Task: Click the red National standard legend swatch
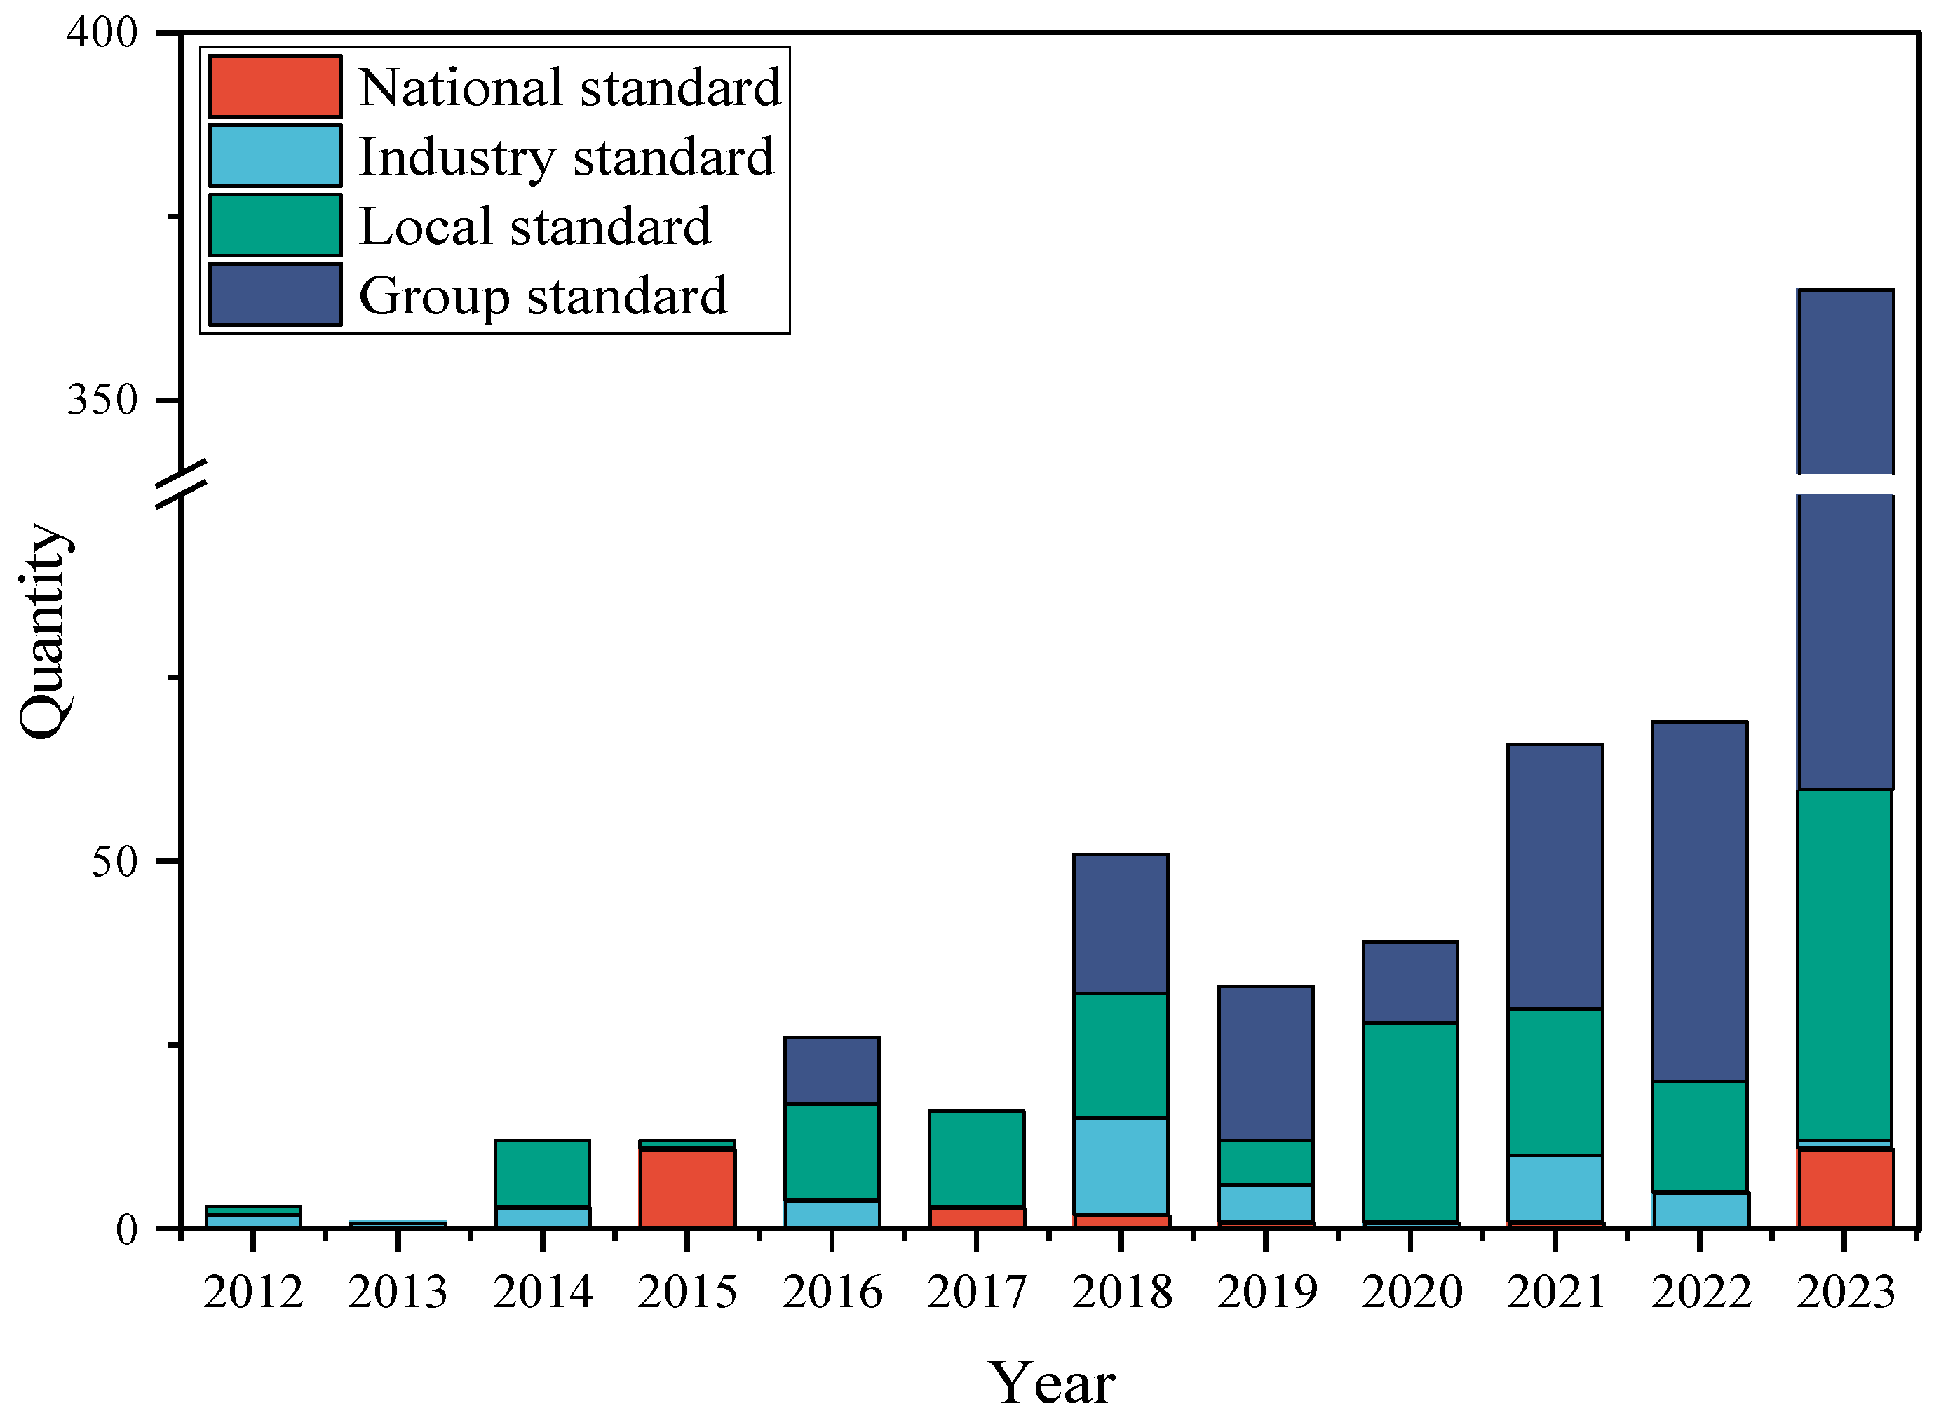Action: tap(274, 86)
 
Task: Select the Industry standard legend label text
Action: tap(566, 157)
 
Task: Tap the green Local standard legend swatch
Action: tap(274, 225)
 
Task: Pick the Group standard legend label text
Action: tap(543, 296)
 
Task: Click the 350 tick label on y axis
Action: tap(102, 400)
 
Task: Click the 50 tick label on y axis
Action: tap(115, 861)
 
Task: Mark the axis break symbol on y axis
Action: tap(181, 485)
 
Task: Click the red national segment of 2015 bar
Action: tap(687, 1188)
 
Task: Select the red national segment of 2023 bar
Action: tap(1844, 1188)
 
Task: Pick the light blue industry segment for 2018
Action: tap(1121, 1166)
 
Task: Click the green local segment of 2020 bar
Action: tap(1409, 1121)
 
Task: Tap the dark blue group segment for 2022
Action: tap(1699, 901)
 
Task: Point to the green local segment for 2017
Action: tap(975, 1159)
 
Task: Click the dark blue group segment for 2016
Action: tap(831, 1070)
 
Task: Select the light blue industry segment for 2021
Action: tap(1555, 1188)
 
